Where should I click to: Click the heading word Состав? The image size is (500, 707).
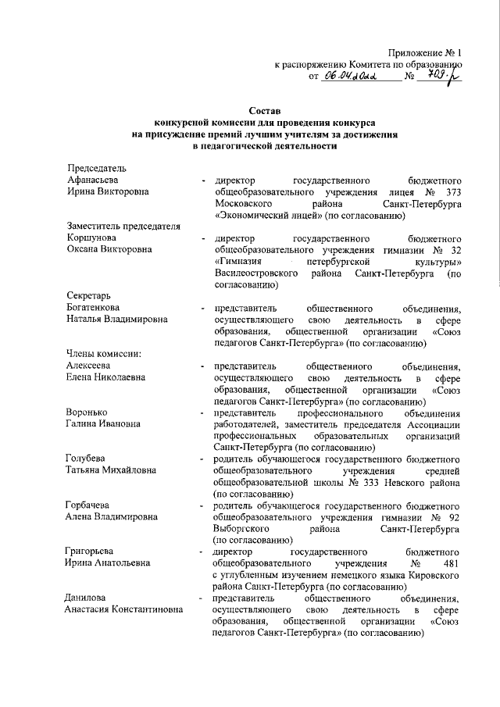click(264, 112)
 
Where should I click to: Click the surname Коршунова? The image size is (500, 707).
click(91, 237)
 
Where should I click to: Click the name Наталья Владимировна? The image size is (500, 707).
click(116, 320)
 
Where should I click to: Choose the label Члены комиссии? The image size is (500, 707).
click(104, 354)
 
